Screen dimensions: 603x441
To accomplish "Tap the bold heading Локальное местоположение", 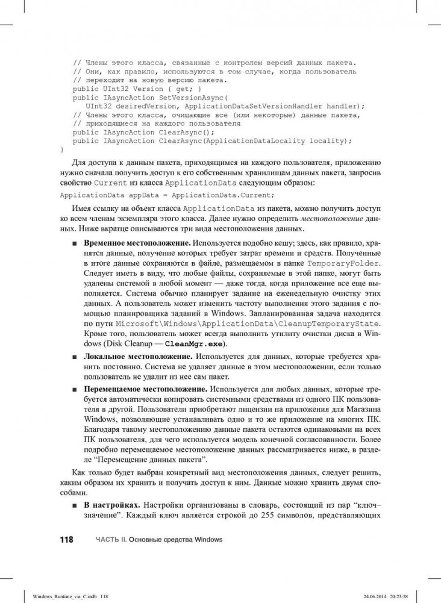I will pos(127,357).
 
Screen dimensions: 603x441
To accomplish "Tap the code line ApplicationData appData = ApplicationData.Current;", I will pos(167,195).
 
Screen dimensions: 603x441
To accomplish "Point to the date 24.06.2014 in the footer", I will pos(371,596).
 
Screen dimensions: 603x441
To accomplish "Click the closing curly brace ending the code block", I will pos(61,148).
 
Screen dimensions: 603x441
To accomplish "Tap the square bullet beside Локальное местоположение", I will pos(73,357).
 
